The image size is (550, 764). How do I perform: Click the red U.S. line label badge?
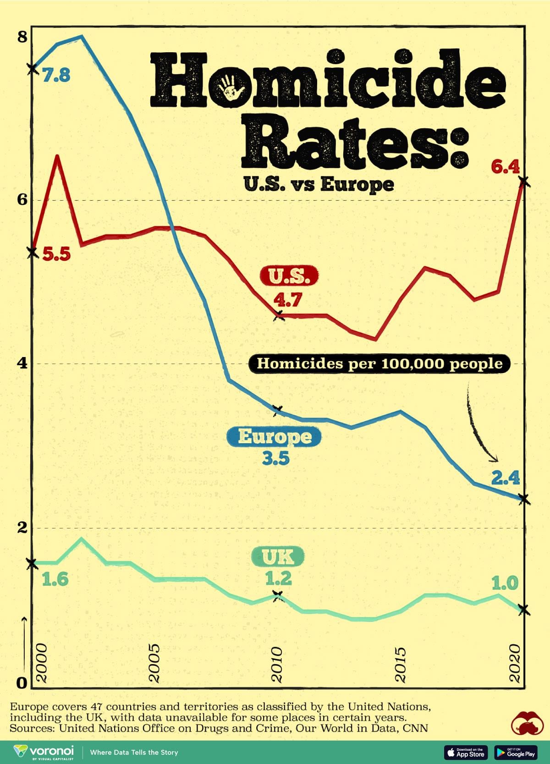(x=289, y=276)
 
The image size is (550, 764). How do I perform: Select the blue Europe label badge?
(x=275, y=436)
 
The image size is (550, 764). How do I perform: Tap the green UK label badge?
(x=278, y=556)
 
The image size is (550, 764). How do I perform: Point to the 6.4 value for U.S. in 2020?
(x=506, y=167)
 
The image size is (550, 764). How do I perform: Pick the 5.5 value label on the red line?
(x=56, y=254)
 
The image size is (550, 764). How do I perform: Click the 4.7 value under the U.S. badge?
(x=288, y=300)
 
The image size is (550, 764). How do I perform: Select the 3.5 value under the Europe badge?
(x=276, y=458)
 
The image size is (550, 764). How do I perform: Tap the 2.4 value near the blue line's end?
(x=506, y=478)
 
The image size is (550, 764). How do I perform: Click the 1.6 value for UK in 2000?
(x=55, y=580)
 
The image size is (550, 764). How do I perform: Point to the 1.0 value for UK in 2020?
(x=505, y=583)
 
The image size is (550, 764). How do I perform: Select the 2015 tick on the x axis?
(x=401, y=665)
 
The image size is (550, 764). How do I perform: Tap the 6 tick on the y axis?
(x=22, y=200)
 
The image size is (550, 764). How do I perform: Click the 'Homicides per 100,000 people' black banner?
(x=379, y=364)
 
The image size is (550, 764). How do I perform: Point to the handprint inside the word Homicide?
(x=230, y=87)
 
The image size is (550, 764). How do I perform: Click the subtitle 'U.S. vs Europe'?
(x=319, y=184)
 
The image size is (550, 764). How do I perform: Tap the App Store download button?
(x=466, y=752)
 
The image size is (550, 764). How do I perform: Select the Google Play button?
(x=516, y=752)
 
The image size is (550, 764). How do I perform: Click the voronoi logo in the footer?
(x=44, y=752)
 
